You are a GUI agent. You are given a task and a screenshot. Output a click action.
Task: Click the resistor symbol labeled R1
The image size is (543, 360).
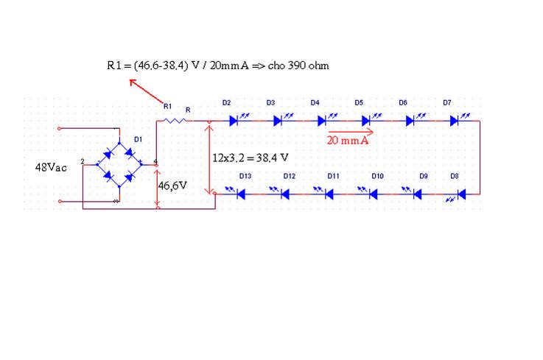175,121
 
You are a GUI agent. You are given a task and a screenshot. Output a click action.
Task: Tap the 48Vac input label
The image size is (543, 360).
51,168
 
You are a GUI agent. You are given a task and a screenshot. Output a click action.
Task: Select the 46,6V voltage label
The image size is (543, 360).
172,186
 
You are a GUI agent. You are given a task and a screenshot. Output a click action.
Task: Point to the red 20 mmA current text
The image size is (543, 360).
347,140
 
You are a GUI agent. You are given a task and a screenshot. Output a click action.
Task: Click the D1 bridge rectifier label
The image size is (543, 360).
139,139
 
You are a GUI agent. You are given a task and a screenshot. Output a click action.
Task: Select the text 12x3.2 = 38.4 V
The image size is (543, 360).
251,158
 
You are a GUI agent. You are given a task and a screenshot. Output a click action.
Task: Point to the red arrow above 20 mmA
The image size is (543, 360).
351,132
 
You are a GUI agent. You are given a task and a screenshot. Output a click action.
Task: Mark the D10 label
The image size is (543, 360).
377,176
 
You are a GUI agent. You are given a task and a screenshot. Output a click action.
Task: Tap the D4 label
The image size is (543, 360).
315,103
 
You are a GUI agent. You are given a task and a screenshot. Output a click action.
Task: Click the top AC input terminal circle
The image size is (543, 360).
59,129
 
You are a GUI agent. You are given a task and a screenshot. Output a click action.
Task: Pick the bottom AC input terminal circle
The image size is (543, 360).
60,201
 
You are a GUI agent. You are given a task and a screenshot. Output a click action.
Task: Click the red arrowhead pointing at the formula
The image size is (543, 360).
133,82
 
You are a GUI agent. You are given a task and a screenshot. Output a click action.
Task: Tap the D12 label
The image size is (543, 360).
289,176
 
